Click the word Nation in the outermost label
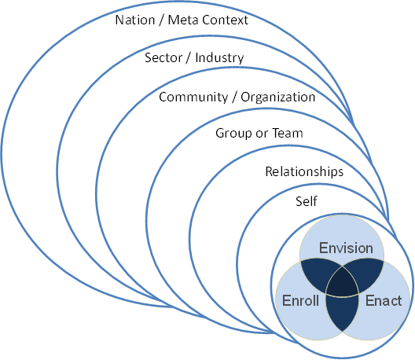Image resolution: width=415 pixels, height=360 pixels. (135, 20)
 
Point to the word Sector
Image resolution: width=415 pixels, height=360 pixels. (163, 57)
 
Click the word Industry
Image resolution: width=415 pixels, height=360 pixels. (219, 58)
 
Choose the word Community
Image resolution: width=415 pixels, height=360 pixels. (193, 97)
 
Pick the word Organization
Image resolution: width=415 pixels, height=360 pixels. (278, 97)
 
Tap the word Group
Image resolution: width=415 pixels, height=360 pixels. (233, 134)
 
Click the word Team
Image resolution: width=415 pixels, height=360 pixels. (288, 133)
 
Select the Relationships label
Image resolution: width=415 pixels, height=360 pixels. (304, 171)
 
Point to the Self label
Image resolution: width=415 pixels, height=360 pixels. (307, 201)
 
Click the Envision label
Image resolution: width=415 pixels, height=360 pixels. (346, 248)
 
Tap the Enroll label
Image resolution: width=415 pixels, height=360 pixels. (300, 301)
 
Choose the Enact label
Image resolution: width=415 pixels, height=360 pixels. (384, 301)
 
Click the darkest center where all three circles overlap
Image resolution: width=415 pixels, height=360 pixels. (342, 283)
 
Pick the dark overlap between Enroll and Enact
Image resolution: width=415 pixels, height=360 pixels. (342, 312)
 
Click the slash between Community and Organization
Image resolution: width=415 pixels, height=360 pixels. (234, 97)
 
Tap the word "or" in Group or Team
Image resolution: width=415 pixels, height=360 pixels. (262, 134)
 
